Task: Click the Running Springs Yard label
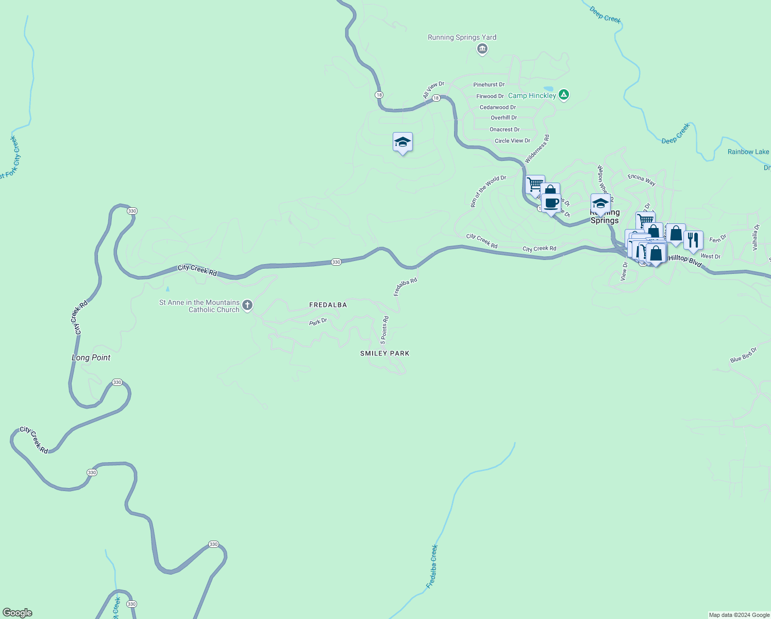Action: point(462,37)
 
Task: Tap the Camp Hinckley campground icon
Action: point(564,95)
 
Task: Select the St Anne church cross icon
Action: point(247,305)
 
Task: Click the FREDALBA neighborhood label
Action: point(328,305)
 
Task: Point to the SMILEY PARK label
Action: point(384,353)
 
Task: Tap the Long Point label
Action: point(91,357)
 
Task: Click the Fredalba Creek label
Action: point(432,566)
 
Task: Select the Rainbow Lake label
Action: point(748,152)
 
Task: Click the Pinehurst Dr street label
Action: point(489,85)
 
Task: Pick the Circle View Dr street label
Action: point(512,141)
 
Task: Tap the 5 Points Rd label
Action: point(384,330)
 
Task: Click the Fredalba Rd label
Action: point(405,287)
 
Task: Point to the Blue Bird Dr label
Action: point(743,355)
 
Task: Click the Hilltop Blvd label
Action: point(684,260)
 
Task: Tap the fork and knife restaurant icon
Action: point(693,240)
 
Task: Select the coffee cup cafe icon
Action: point(551,203)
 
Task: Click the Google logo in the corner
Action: point(18,613)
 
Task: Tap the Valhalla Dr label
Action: point(756,237)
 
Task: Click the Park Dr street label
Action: point(318,322)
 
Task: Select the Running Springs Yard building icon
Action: point(482,49)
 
